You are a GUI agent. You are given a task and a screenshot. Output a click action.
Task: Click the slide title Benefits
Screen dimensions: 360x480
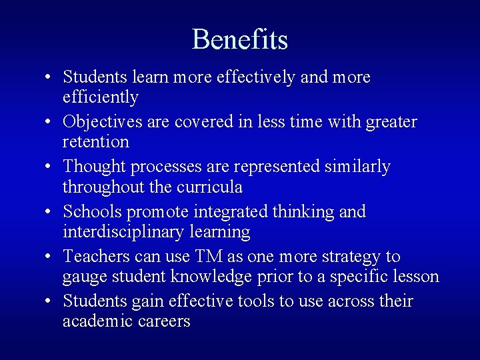(240, 39)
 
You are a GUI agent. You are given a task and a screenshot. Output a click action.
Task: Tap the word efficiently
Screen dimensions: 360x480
(100, 97)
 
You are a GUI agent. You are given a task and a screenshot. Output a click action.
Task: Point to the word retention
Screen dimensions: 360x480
(95, 142)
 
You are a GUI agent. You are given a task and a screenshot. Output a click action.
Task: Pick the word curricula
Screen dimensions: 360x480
(209, 187)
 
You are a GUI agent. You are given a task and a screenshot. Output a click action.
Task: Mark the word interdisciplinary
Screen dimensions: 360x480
(121, 232)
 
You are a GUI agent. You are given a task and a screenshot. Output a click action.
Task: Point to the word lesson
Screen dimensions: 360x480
(417, 277)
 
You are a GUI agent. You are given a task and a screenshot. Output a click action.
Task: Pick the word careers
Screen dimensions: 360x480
(167, 321)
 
